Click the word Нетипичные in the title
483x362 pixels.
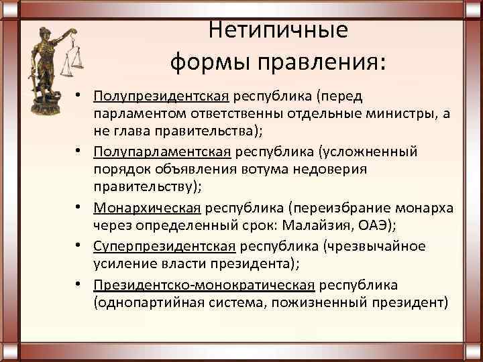[278, 30]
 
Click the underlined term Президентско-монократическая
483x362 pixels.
[205, 284]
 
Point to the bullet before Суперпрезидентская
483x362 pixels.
[81, 245]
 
